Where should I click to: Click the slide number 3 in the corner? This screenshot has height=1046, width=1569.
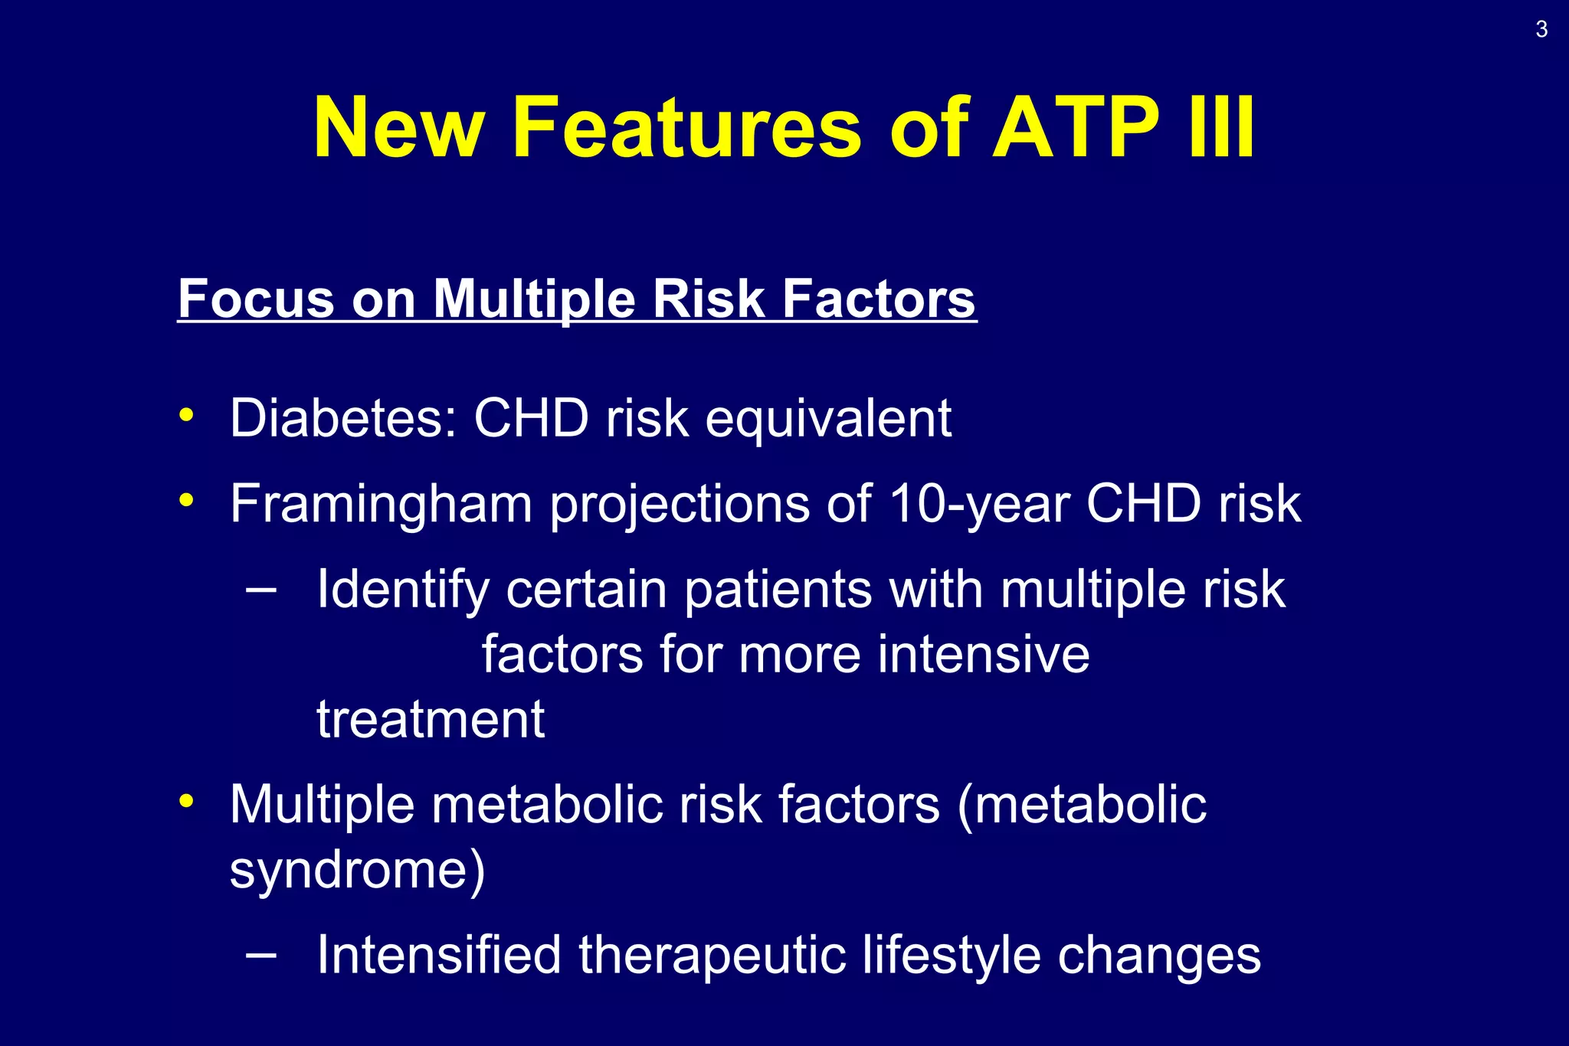[x=1541, y=30]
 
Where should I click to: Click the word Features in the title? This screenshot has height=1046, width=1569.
[x=686, y=127]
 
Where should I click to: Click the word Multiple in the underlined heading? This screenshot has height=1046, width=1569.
[x=534, y=298]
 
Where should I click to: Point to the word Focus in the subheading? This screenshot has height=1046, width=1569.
[x=256, y=298]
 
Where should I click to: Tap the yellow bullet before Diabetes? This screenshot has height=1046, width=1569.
[x=185, y=415]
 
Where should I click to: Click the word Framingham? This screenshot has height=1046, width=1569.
[x=381, y=505]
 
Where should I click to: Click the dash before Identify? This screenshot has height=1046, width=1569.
[x=261, y=590]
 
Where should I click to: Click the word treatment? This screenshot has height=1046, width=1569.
[x=431, y=720]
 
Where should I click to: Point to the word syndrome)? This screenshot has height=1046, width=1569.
[x=357, y=871]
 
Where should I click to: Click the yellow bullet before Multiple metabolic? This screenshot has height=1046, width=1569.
[x=185, y=801]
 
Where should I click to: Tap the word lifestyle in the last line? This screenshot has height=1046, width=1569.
[x=951, y=956]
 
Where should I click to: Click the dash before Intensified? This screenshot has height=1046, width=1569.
[x=261, y=955]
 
